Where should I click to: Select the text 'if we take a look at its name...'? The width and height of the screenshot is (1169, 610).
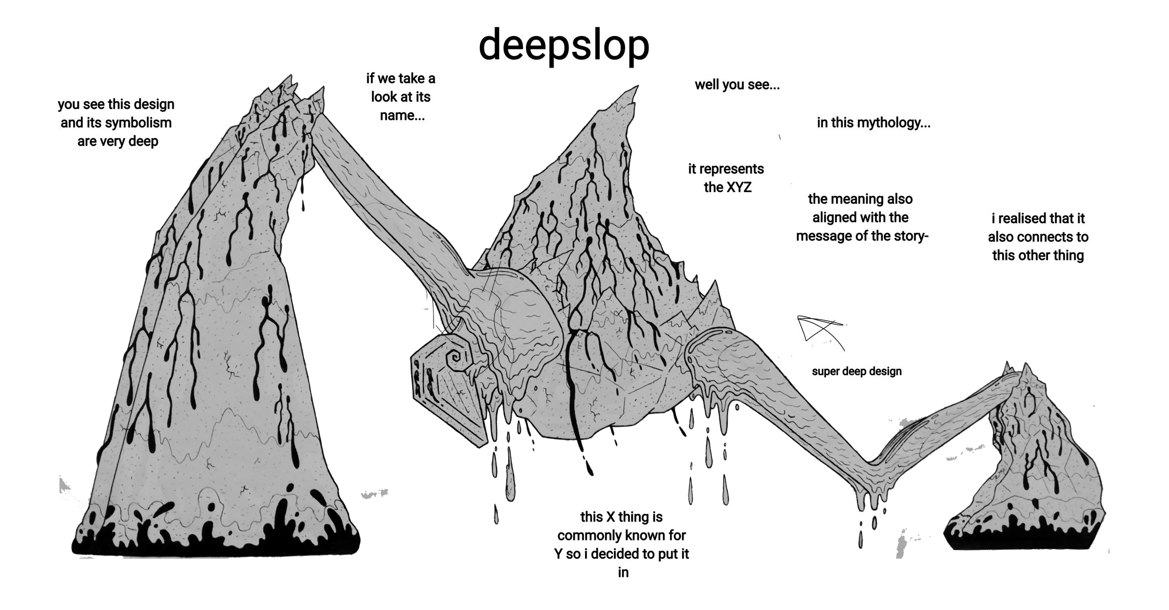point(401,97)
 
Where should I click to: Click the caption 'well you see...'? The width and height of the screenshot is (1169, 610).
point(737,84)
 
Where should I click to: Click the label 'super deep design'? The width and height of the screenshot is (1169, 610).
point(856,371)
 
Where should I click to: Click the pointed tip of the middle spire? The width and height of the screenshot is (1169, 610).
point(637,86)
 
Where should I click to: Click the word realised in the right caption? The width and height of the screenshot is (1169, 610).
point(1023,219)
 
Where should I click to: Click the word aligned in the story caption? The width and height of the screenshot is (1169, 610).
point(834,218)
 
